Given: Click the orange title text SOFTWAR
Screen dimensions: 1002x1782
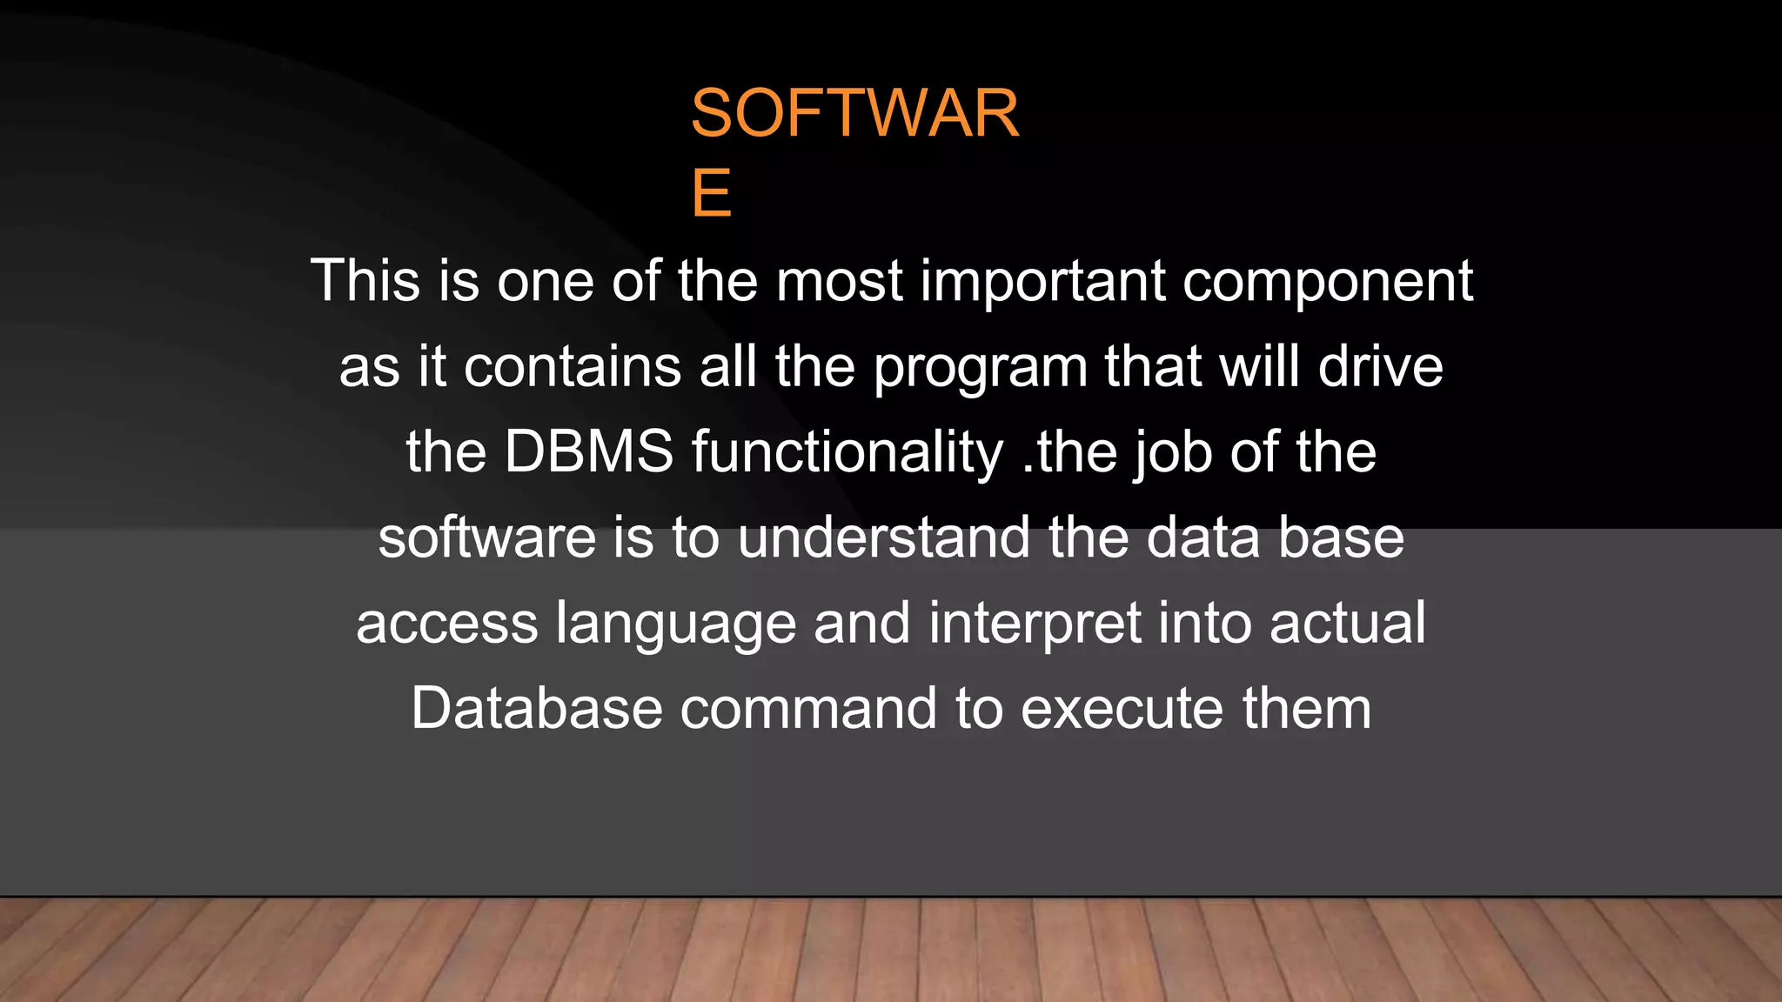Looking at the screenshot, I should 854,114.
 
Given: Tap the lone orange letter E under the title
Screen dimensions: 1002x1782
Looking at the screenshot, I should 711,193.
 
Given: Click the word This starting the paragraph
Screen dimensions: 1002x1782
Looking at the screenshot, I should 365,281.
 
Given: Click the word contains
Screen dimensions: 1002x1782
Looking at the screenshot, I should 573,366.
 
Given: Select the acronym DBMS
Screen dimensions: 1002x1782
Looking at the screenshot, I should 589,451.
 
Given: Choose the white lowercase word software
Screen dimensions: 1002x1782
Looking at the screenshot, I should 487,537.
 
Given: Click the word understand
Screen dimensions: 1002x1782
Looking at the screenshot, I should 884,537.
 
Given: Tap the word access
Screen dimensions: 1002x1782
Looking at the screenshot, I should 447,624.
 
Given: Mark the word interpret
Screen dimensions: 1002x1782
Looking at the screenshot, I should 1035,624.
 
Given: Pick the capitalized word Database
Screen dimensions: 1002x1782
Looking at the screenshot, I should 537,708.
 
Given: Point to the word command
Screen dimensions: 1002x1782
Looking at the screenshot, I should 808,708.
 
